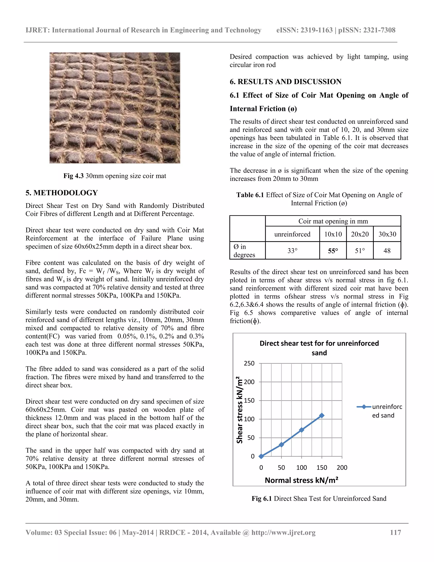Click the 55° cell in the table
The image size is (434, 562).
pyautogui.click(x=333, y=251)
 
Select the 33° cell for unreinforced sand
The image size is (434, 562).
pyautogui.click(x=292, y=251)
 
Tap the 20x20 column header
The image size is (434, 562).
pyautogui.click(x=360, y=234)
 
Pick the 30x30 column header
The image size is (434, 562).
pyautogui.click(x=387, y=234)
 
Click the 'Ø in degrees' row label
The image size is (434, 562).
pyautogui.click(x=244, y=251)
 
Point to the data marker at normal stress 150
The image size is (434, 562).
pyautogui.click(x=322, y=416)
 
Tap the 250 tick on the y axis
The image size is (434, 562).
pyautogui.click(x=249, y=363)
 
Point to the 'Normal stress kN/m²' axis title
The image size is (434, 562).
pyautogui.click(x=301, y=480)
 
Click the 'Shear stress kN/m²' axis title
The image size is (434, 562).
pyautogui.click(x=240, y=410)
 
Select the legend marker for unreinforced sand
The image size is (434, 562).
pyautogui.click(x=364, y=407)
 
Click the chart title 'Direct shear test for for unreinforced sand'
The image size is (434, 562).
pyautogui.click(x=319, y=348)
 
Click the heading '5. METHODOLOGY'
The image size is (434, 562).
pyautogui.click(x=62, y=193)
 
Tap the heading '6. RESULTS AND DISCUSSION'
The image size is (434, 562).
pyautogui.click(x=285, y=82)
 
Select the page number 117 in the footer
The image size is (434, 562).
pyautogui.click(x=395, y=532)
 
